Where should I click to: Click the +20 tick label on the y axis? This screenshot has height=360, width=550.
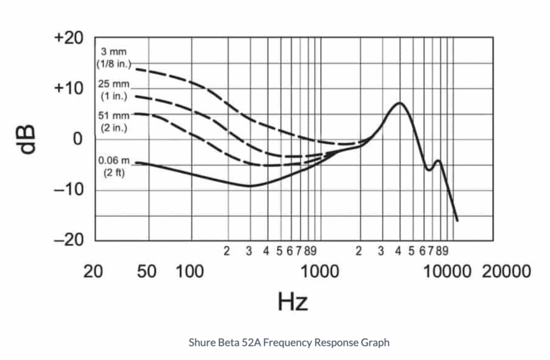point(70,39)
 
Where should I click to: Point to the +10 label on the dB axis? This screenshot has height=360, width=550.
point(70,89)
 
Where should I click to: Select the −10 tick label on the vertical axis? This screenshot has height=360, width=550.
point(70,190)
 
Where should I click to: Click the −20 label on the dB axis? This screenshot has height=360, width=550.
point(70,240)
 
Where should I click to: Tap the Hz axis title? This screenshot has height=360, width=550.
point(292,301)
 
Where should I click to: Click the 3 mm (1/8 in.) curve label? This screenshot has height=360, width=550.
point(114,58)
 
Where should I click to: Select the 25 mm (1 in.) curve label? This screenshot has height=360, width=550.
point(112,89)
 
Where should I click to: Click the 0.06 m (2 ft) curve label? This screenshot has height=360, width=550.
point(114,167)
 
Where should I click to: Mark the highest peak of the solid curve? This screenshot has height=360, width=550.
point(399,103)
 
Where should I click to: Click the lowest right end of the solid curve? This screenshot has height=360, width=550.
point(457,220)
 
